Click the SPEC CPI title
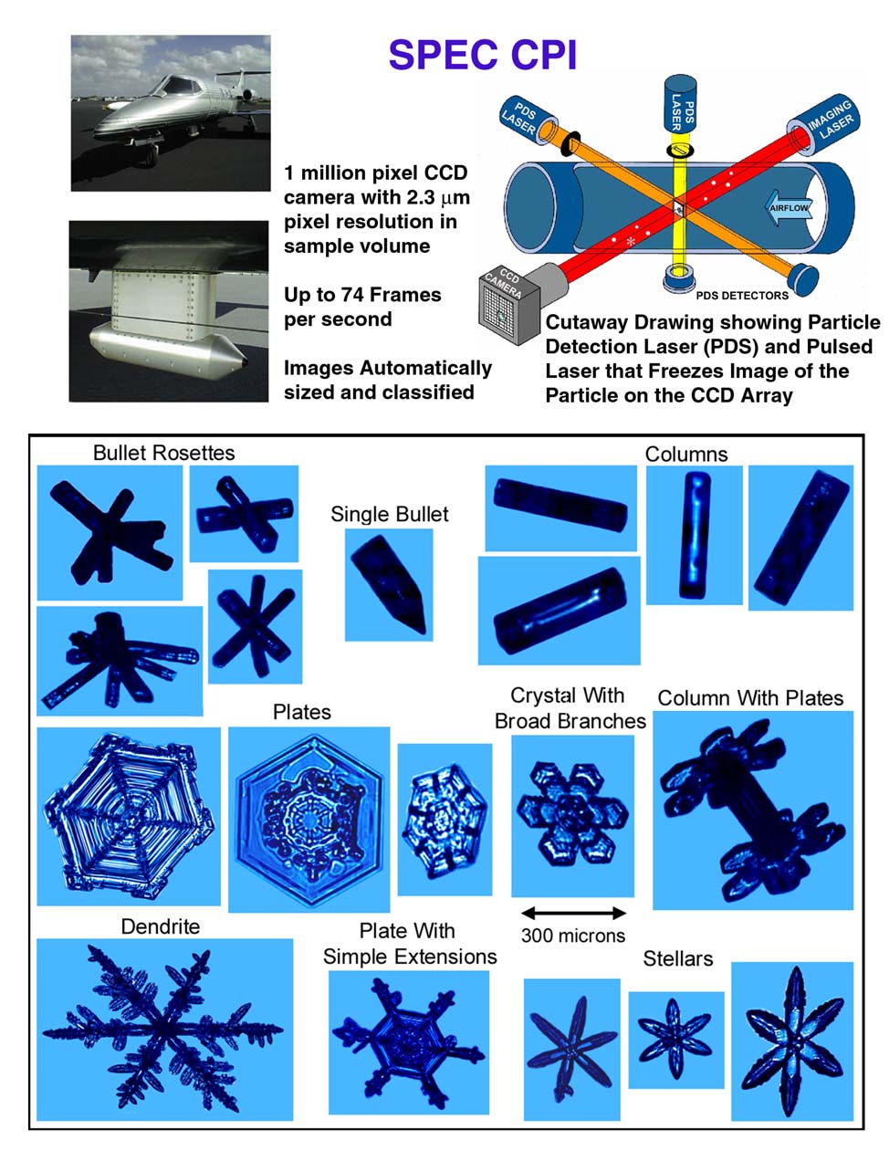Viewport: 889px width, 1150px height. pos(482,56)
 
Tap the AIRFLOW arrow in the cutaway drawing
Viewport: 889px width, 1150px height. pos(789,207)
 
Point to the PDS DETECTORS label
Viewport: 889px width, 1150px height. pos(742,296)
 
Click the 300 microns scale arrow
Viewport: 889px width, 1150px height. pos(573,913)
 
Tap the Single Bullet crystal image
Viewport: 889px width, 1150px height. pos(389,585)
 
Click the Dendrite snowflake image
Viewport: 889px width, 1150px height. pos(164,1030)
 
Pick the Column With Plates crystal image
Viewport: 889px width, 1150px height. pos(753,810)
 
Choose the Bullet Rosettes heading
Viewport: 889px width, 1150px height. pos(164,453)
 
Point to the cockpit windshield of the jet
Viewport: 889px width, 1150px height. pos(177,85)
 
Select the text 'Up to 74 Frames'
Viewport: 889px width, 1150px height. pos(362,295)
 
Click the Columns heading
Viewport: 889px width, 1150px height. pos(686,455)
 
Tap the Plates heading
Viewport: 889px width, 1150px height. pos(301,712)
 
